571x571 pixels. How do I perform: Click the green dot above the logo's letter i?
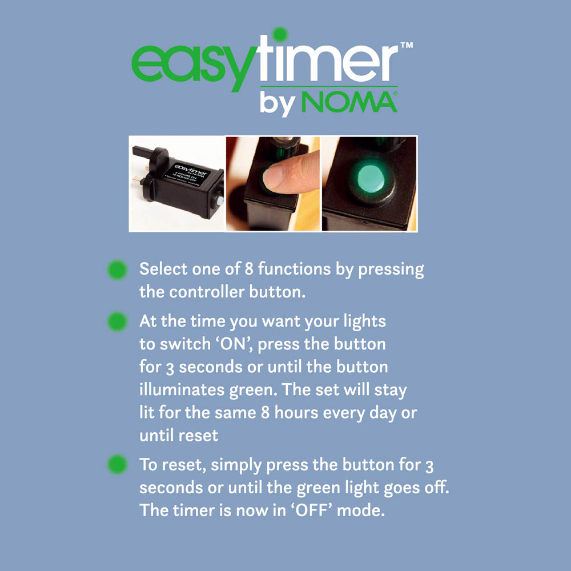coord(280,35)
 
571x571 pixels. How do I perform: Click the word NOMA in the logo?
coord(349,102)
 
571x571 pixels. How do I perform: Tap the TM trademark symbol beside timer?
coord(407,45)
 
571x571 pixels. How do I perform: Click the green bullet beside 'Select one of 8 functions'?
coord(117,270)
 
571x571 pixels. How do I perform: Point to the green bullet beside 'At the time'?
coord(117,322)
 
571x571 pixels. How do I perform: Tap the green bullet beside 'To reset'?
coord(117,464)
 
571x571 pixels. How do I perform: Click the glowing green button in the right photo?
coord(371,179)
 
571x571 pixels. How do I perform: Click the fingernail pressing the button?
coord(272,176)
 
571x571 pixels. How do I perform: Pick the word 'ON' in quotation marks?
coord(234,344)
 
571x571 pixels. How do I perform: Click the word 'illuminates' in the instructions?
coord(182,389)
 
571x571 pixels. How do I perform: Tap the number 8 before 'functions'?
coord(249,269)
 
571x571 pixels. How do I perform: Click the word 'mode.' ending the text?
coord(360,510)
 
